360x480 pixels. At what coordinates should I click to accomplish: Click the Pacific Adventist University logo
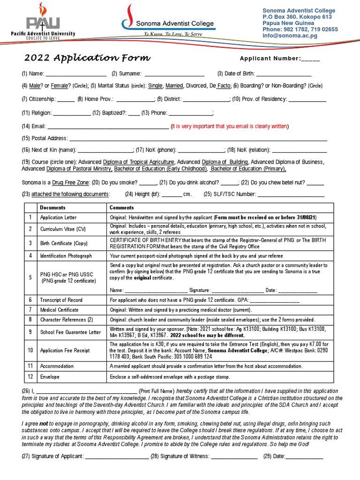pos(43,23)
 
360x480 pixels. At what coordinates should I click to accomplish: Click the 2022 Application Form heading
pos(87,58)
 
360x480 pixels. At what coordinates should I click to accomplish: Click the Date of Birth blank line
pos(283,74)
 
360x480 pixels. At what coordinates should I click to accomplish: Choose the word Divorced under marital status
pos(197,86)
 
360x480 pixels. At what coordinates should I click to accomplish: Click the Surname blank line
pos(174,74)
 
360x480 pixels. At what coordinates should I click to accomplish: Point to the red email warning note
pos(230,126)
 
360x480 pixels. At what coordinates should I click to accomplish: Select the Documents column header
pos(52,207)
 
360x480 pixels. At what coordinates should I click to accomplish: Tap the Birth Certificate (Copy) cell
pos(63,243)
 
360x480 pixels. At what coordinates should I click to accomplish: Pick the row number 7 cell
pos(30,310)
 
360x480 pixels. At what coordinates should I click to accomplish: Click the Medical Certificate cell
pos(59,310)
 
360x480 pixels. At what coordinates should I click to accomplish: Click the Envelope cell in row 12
pos(50,377)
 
